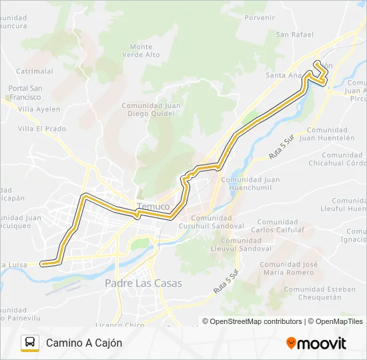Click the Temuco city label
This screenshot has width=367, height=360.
(x=153, y=207)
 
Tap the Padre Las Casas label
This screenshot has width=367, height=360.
(x=143, y=283)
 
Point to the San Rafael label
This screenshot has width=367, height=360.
(x=294, y=35)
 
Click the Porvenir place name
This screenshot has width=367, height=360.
(x=260, y=18)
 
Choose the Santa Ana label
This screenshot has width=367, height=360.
(x=284, y=75)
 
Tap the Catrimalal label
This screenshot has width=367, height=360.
(x=35, y=71)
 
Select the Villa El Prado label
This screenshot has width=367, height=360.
(x=42, y=129)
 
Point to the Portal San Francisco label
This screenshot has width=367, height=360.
(x=25, y=92)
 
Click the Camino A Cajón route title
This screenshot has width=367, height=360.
(x=84, y=343)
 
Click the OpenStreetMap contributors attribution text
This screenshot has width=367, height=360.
(x=252, y=321)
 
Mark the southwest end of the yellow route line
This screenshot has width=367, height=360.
(x=43, y=263)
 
